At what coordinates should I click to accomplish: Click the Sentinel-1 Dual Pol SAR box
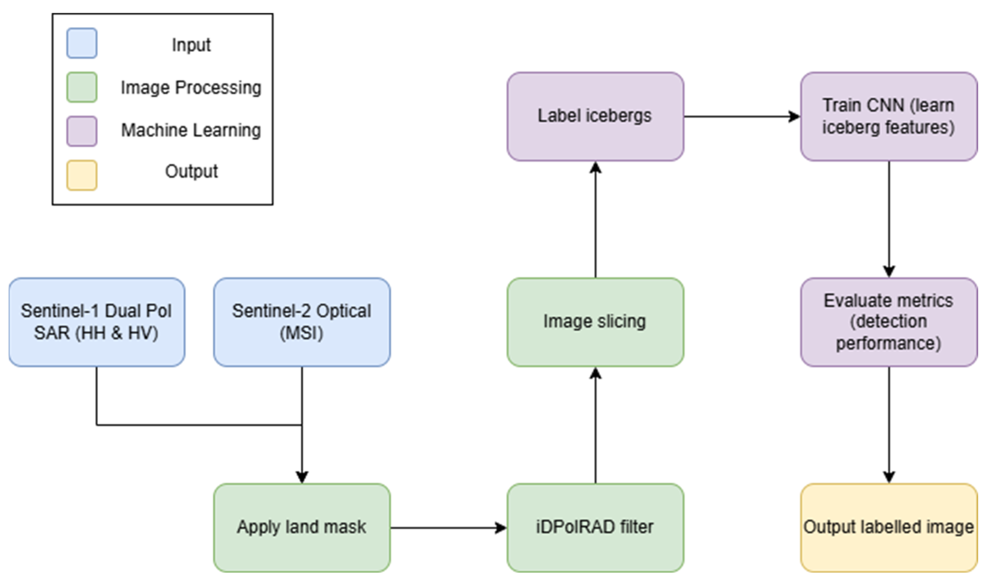96,322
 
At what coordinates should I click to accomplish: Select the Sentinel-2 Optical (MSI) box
302,322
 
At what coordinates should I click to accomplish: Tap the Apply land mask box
302,527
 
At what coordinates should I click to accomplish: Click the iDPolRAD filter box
595,527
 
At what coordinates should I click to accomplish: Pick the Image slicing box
595,322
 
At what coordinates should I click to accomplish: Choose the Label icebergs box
595,116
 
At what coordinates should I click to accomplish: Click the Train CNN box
889,116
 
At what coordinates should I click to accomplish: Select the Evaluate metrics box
889,322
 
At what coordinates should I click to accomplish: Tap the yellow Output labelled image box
889,527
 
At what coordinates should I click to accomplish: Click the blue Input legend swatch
82,43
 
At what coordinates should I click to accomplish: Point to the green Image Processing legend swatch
82,87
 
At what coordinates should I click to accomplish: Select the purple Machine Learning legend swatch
82,131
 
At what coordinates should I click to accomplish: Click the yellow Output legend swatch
82,175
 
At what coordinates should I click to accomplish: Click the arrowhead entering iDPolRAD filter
501,527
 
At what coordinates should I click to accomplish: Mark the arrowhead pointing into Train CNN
794,116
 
